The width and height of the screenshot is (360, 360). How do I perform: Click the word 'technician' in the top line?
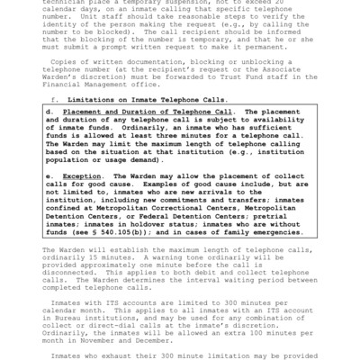click(x=60, y=4)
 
